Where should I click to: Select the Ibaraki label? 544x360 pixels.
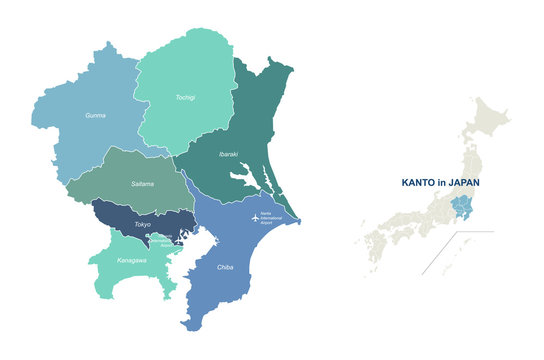[227, 154]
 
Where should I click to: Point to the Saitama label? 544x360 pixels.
[142, 185]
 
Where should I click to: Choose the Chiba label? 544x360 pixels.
[225, 267]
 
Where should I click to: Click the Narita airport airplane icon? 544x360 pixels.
[250, 217]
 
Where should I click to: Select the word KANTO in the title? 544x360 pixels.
[420, 183]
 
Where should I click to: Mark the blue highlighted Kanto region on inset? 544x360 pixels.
[462, 207]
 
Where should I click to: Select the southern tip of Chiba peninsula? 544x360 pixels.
[190, 325]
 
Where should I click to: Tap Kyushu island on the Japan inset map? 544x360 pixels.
[373, 250]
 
